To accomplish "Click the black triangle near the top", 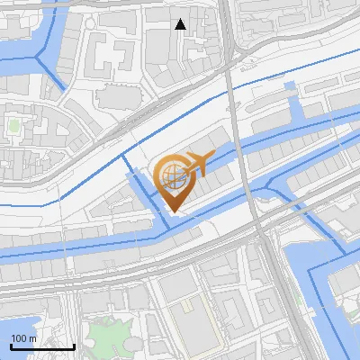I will point(181,24).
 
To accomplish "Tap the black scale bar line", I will point(41,346).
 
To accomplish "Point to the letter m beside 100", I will point(32,338).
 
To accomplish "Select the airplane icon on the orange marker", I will point(196,163).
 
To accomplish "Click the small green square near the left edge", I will point(13,126).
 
